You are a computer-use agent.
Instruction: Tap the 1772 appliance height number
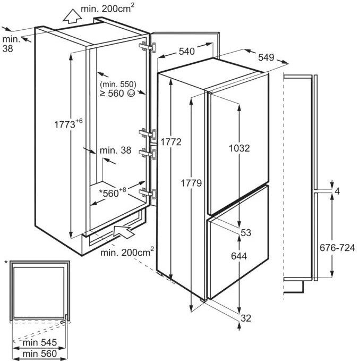coord(171,142)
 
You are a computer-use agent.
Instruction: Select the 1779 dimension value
coord(191,183)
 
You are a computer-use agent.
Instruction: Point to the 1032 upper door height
coord(239,148)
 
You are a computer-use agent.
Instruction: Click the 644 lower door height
coord(239,256)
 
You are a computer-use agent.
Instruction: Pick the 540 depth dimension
coord(187,52)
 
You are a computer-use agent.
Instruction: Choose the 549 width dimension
coord(266,57)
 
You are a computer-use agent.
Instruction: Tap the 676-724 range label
coord(337,248)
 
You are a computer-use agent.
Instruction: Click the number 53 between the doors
coord(246,233)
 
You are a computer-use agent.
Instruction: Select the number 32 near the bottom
coord(246,318)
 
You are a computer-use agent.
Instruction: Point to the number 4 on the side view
coord(337,191)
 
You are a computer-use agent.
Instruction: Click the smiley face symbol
coord(131,93)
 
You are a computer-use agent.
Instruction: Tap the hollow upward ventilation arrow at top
coord(72,16)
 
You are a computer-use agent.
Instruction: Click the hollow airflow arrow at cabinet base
coord(123,231)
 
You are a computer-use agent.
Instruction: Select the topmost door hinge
coord(148,47)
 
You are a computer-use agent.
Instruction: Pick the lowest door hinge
coord(148,194)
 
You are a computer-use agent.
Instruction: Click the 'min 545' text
coord(39,342)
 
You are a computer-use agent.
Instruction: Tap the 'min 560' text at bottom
coord(39,354)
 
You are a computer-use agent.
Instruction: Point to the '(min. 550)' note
coord(118,84)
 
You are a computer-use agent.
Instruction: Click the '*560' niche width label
coord(113,192)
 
